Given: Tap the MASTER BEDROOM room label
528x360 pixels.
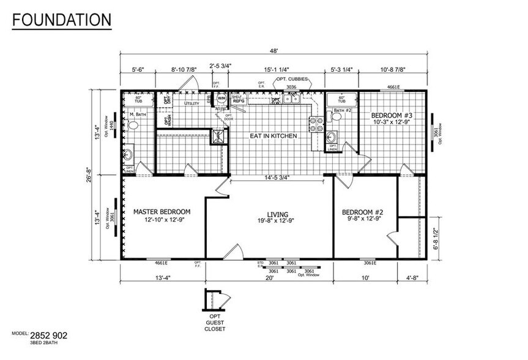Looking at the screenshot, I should pyautogui.click(x=162, y=212).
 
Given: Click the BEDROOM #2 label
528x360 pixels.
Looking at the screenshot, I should pyautogui.click(x=365, y=212).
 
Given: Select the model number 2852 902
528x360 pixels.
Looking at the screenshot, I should pyautogui.click(x=51, y=336).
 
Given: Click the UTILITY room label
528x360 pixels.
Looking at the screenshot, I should pyautogui.click(x=192, y=103).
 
